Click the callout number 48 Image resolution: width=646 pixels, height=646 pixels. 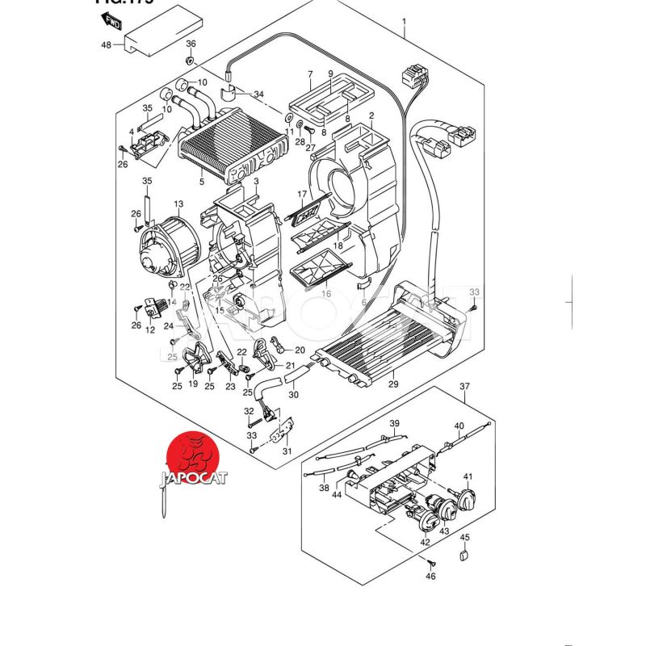[106, 44]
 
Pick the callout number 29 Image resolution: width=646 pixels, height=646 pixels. [394, 384]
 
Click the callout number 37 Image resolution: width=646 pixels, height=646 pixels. [464, 385]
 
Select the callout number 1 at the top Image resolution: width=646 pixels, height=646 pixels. [404, 20]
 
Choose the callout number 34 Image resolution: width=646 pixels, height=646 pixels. [258, 94]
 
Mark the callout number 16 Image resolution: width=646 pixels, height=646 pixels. [327, 294]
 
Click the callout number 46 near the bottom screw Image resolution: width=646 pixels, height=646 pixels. [430, 577]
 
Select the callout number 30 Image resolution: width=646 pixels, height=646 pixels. [293, 395]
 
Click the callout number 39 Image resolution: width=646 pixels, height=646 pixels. [395, 424]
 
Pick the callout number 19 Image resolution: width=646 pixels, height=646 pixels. [193, 385]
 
